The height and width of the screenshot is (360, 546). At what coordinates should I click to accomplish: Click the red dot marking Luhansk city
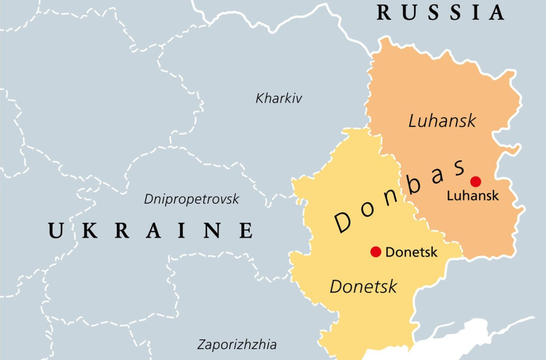[476, 182]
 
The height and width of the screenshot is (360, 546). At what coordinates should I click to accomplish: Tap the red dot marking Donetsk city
[376, 252]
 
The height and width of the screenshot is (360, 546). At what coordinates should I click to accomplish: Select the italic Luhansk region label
[442, 121]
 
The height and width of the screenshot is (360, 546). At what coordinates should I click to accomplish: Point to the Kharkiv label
[278, 98]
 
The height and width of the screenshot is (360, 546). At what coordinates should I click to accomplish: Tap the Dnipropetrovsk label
[191, 199]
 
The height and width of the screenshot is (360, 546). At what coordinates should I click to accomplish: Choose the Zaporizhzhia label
[236, 344]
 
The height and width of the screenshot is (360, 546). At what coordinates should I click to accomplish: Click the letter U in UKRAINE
[56, 230]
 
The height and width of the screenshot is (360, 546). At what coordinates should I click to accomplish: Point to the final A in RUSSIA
[496, 12]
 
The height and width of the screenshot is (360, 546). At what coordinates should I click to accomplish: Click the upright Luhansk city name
[472, 196]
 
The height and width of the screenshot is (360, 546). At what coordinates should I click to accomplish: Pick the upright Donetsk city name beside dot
[411, 252]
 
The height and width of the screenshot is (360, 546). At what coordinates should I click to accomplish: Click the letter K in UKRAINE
[90, 230]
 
